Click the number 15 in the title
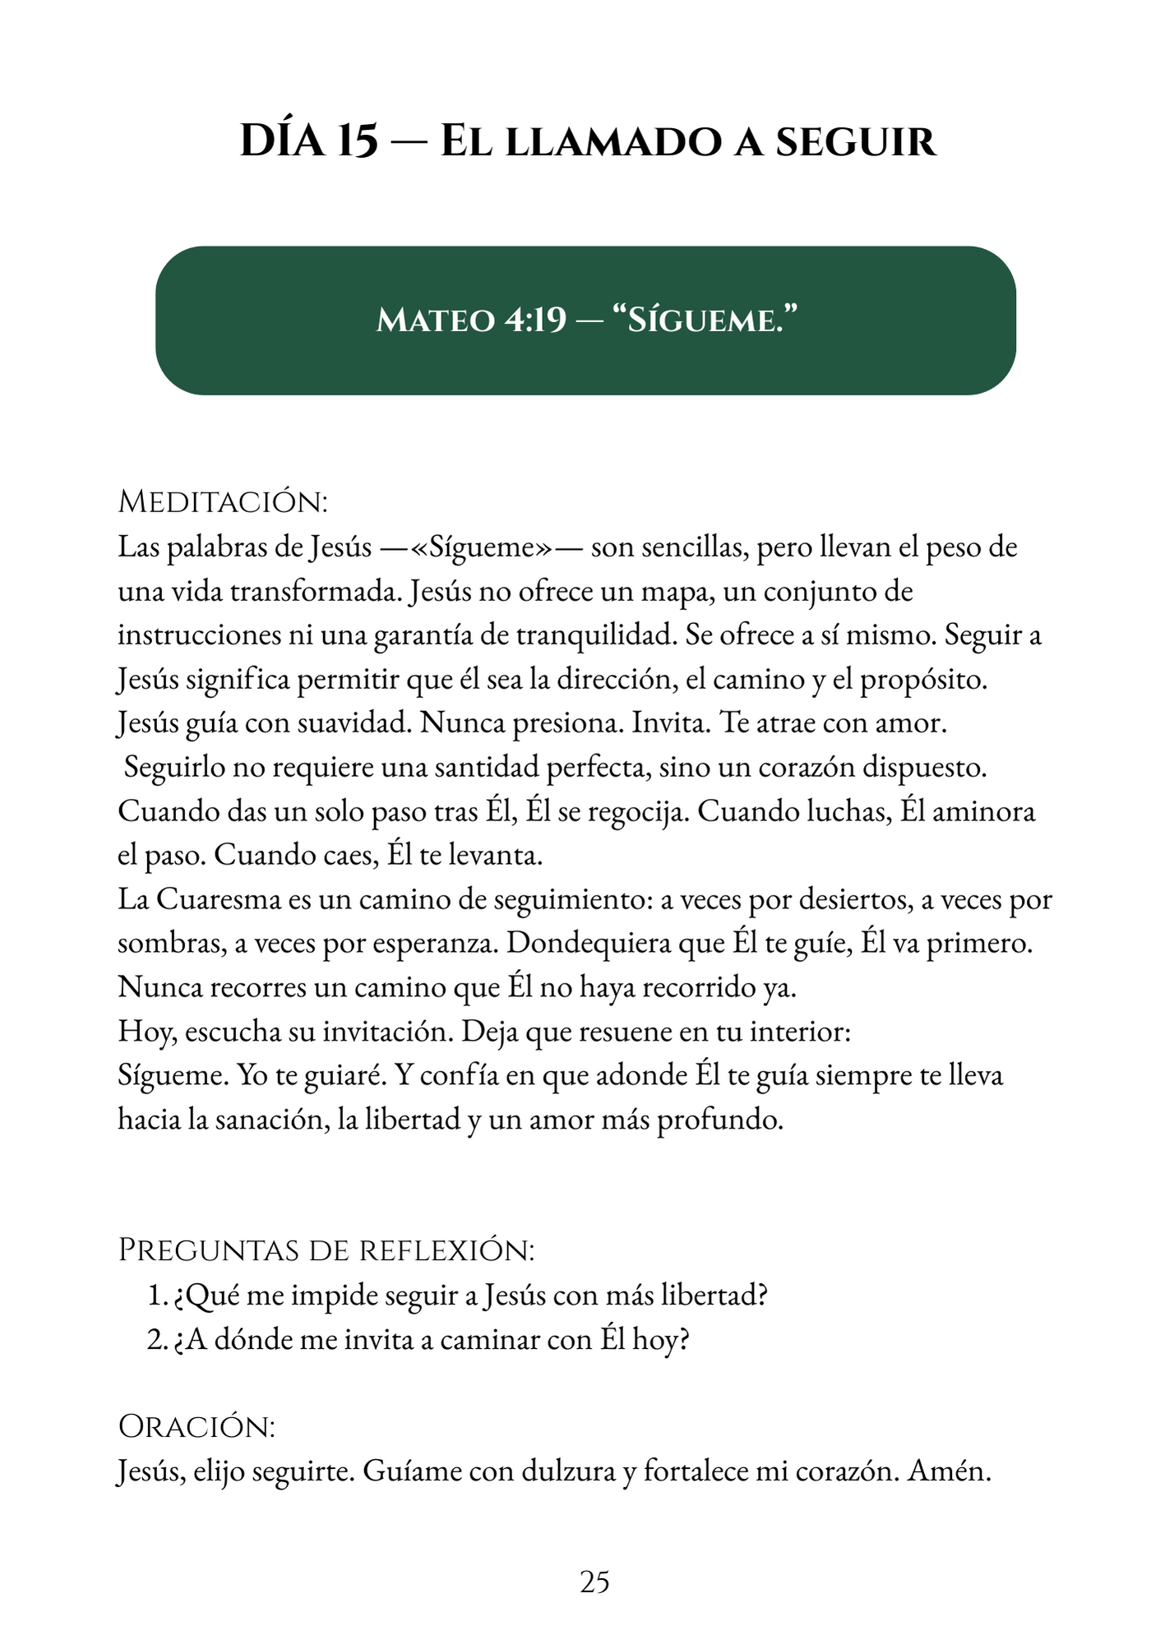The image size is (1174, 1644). tap(357, 141)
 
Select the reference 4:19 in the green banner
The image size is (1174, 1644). tap(536, 320)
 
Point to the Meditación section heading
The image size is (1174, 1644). tap(223, 501)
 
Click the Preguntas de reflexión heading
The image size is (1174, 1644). tap(326, 1250)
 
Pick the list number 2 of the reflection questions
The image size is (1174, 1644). tap(156, 1340)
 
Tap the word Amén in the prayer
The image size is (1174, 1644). tap(949, 1471)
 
